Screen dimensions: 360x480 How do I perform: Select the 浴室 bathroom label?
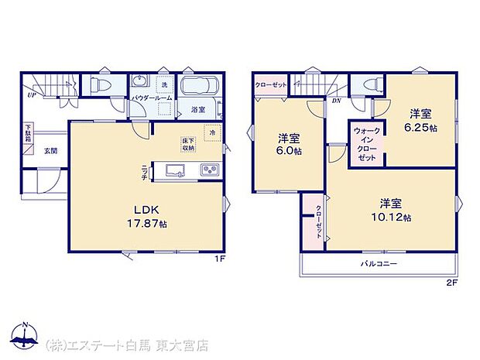coord(198,109)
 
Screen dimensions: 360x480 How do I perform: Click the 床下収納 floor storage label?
coord(188,145)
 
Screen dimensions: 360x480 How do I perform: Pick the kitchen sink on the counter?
coord(173,170)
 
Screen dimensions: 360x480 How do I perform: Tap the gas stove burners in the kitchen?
coord(210,170)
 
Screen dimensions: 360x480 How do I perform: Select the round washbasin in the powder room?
coord(140,83)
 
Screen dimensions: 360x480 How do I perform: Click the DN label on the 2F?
coord(337,101)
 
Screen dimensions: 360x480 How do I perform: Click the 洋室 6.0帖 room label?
coord(290,145)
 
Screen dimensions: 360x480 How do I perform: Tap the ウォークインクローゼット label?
coord(365,144)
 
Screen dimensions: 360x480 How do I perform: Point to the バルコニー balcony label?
coord(379,264)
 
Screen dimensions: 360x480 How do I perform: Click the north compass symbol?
coord(27,335)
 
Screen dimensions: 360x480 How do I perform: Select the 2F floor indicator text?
coord(452,282)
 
